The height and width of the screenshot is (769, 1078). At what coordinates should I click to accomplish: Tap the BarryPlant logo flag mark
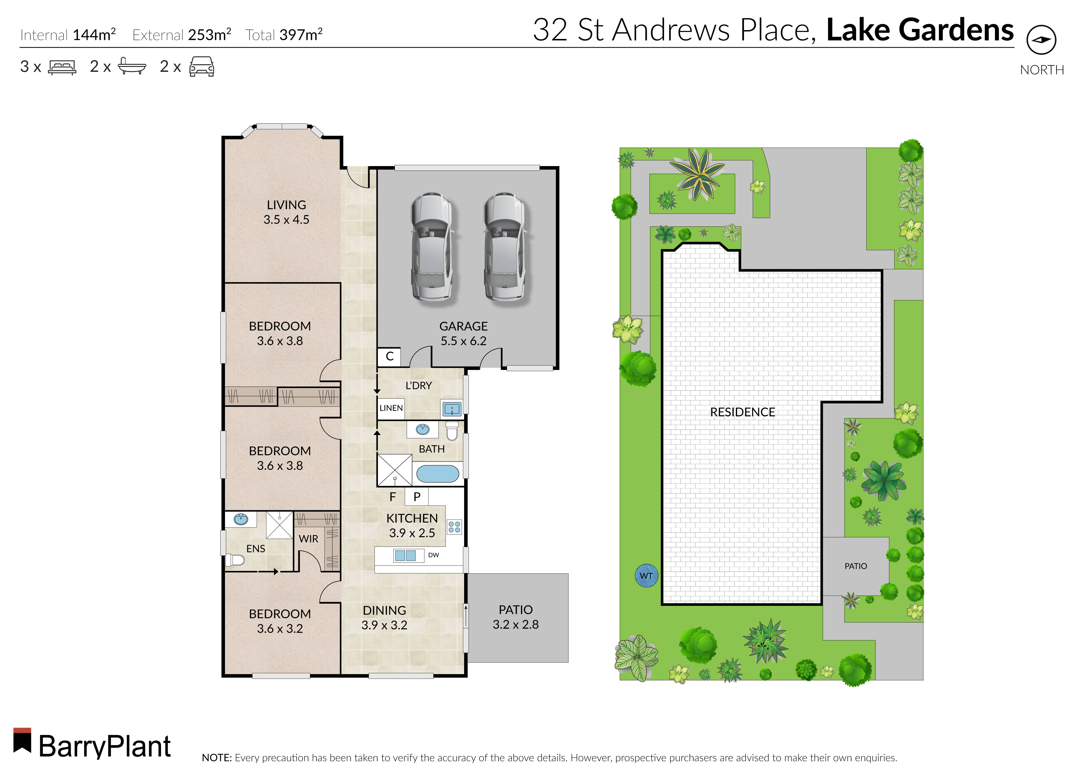(22, 741)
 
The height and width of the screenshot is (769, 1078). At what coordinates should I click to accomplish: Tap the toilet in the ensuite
(235, 560)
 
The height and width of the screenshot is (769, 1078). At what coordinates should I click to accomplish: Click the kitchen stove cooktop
(454, 527)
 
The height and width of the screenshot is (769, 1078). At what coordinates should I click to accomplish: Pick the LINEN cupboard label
(391, 408)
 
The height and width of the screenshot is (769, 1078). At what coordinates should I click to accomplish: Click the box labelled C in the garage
(389, 357)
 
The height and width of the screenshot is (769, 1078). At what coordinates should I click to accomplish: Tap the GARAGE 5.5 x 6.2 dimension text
(463, 341)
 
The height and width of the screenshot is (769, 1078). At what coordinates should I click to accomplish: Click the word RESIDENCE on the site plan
(742, 412)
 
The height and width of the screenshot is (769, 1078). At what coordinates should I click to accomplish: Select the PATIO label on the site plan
(855, 566)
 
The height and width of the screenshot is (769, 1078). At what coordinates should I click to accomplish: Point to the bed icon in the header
(62, 67)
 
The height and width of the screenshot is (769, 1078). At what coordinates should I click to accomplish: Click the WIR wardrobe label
(308, 539)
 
